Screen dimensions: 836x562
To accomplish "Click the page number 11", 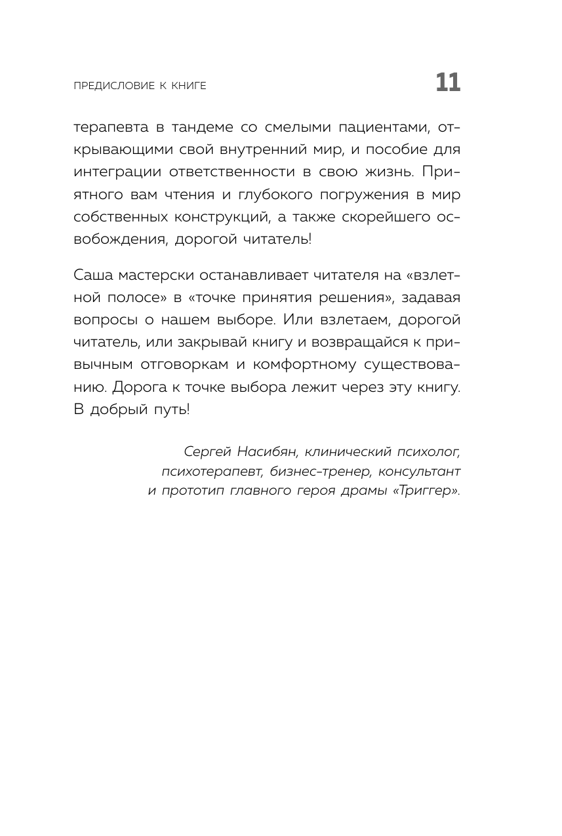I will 448,84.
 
